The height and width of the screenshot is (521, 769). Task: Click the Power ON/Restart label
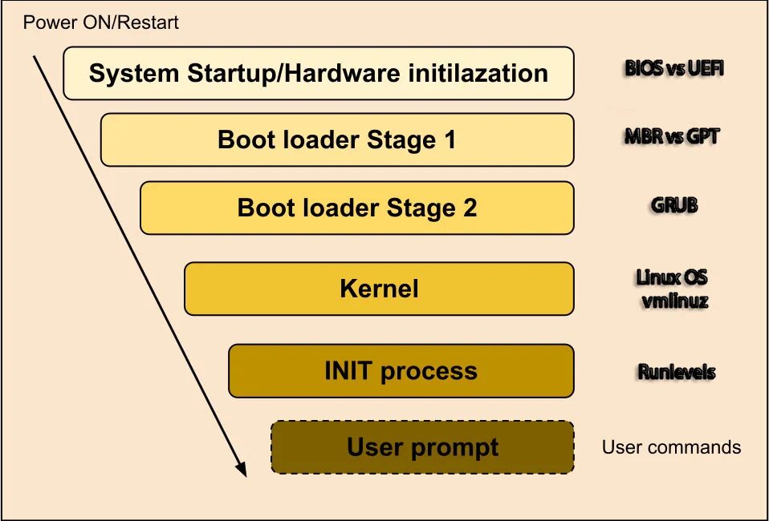(x=100, y=22)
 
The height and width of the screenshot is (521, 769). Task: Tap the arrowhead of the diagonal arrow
(x=241, y=470)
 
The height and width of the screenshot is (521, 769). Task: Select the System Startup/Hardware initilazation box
(x=318, y=73)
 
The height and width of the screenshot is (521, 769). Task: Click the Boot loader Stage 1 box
(x=336, y=139)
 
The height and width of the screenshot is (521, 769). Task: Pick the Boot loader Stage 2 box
(x=356, y=208)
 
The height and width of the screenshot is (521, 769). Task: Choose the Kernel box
(x=379, y=289)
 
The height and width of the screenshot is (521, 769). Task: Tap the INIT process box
(x=401, y=371)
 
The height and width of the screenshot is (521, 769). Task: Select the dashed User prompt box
(x=422, y=447)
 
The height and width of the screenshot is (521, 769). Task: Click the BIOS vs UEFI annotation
(x=674, y=68)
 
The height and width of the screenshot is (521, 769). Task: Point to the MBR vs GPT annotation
(x=672, y=136)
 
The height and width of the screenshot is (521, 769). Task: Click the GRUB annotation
(x=674, y=205)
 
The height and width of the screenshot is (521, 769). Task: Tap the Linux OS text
(x=672, y=277)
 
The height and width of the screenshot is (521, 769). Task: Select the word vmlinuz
(x=674, y=301)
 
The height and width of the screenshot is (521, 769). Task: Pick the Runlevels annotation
(x=676, y=372)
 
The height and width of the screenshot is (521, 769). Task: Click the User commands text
(x=671, y=447)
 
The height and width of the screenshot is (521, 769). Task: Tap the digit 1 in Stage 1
(x=449, y=140)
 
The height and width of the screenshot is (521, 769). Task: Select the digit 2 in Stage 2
(x=470, y=208)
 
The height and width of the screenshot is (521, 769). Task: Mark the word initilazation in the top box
(x=478, y=74)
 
